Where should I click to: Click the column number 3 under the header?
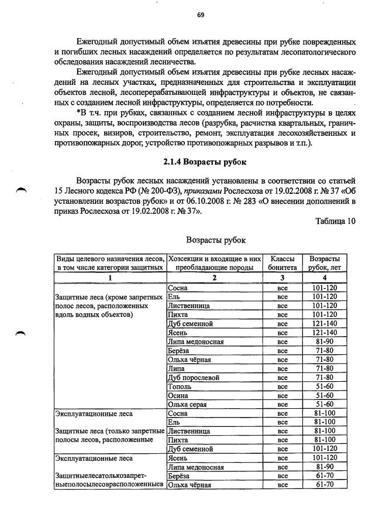point(283,278)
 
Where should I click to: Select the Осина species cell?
point(177,395)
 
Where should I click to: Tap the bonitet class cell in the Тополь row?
point(283,387)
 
